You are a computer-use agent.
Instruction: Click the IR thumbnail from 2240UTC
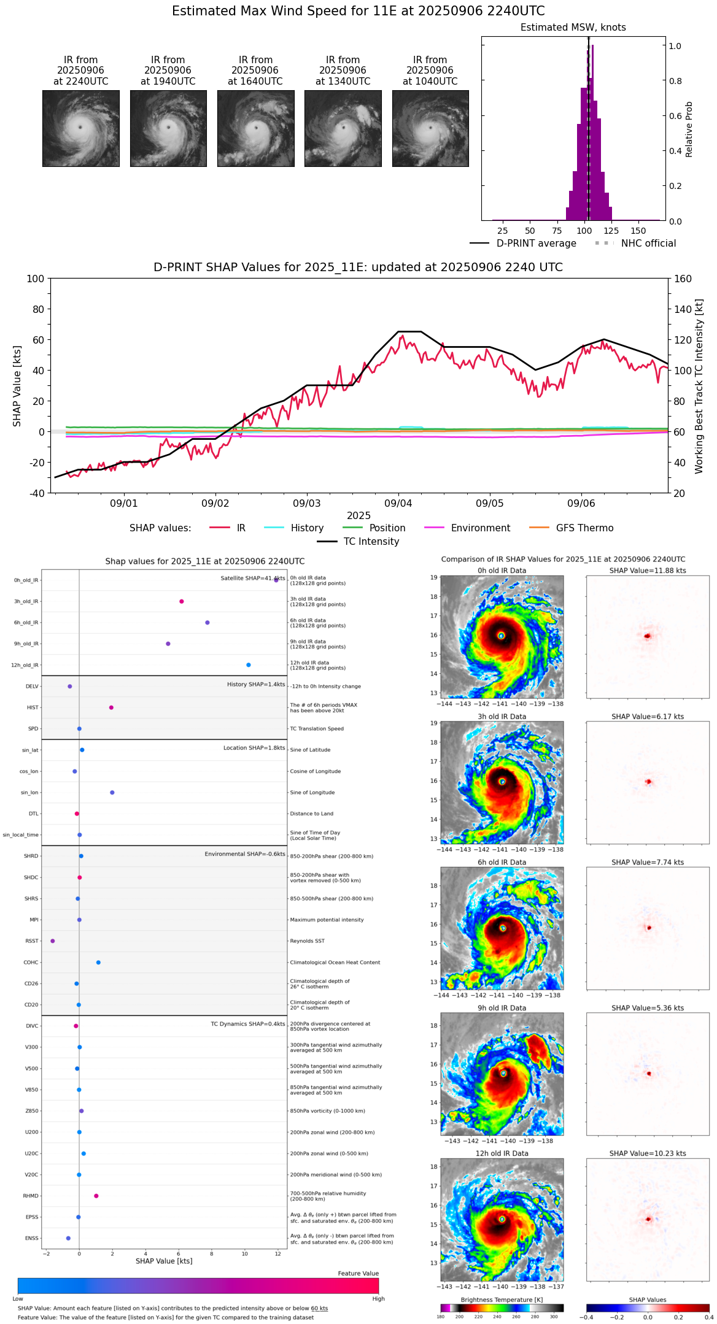[x=80, y=128]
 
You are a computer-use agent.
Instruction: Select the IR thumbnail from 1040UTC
[x=430, y=128]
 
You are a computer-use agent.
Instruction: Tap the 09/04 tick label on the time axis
[x=398, y=504]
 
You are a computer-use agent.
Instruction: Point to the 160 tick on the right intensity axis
[x=683, y=279]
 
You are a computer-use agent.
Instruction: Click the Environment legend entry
[x=480, y=528]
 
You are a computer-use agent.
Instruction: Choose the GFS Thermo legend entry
[x=584, y=528]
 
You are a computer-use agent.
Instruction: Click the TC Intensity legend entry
[x=371, y=542]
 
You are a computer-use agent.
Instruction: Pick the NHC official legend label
[x=648, y=244]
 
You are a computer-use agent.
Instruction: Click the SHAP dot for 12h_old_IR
[x=249, y=665]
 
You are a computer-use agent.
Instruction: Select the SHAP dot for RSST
[x=53, y=941]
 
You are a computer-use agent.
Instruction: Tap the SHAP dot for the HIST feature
[x=111, y=707]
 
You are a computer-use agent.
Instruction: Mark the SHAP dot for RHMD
[x=96, y=1196]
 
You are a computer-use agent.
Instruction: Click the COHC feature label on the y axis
[x=31, y=963]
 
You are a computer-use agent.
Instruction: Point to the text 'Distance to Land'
[x=312, y=814]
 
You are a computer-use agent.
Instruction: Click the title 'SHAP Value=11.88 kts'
[x=648, y=571]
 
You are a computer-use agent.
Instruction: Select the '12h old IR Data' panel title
[x=502, y=1153]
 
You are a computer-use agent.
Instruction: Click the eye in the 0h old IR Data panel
[x=502, y=636]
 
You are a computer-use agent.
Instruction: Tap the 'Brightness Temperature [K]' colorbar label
[x=502, y=1300]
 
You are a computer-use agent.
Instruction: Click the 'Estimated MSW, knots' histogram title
[x=573, y=28]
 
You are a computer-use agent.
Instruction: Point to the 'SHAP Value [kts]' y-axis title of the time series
[x=17, y=386]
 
